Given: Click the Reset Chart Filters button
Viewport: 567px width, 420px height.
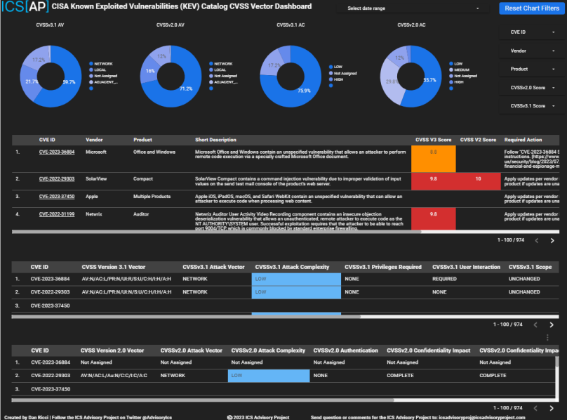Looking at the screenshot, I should (x=531, y=8).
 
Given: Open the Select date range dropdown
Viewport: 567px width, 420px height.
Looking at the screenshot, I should (x=412, y=8).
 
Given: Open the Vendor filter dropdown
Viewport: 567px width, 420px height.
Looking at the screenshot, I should (x=532, y=51).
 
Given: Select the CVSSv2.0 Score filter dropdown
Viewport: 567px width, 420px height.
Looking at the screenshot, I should (x=532, y=87).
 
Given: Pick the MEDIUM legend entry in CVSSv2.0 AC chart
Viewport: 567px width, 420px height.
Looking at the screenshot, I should (x=464, y=70).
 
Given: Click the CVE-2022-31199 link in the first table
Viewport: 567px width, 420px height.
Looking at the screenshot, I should (x=57, y=214).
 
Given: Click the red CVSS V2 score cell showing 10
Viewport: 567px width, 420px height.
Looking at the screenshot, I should (x=477, y=179).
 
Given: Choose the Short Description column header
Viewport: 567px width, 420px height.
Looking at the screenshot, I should (x=215, y=140).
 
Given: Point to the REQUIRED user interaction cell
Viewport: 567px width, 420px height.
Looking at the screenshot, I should (x=445, y=279).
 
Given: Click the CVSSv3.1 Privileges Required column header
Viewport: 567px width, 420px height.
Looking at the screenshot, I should (x=382, y=267).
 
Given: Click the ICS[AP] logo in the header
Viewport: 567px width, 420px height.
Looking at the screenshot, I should (x=24, y=9).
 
